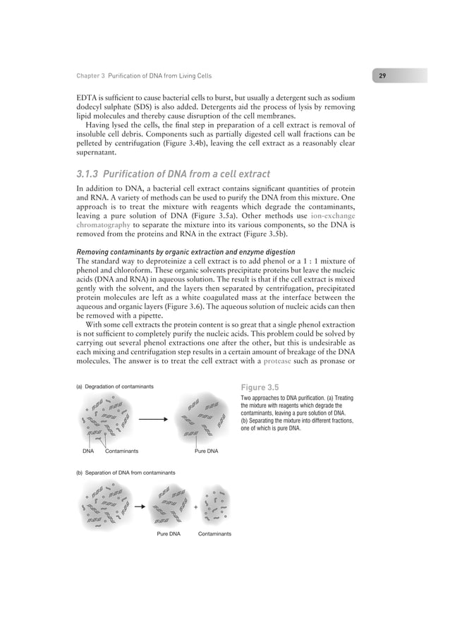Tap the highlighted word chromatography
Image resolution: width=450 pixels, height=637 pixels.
point(104,223)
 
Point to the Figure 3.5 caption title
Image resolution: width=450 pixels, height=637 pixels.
point(260,387)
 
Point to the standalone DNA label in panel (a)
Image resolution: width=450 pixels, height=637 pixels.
point(87,449)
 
